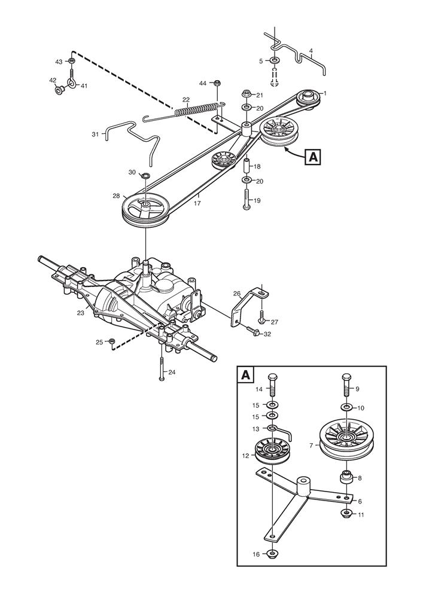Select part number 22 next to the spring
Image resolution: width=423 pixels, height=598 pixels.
pyautogui.click(x=186, y=99)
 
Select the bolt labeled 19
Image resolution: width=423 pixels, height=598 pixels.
pyautogui.click(x=245, y=198)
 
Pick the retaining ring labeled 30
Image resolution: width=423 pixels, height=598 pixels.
pyautogui.click(x=145, y=175)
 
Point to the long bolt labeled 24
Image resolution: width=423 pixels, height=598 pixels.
pyautogui.click(x=162, y=366)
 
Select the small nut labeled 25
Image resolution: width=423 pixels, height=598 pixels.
pyautogui.click(x=112, y=341)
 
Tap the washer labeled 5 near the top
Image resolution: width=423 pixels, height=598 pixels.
pyautogui.click(x=275, y=61)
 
